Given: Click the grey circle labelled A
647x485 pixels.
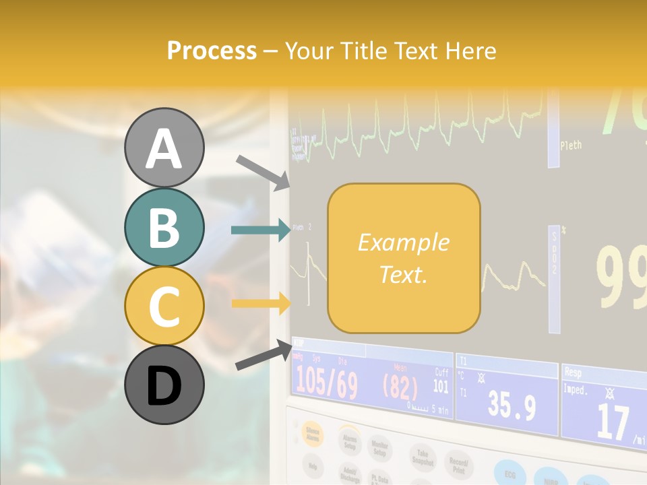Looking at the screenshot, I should pyautogui.click(x=164, y=148).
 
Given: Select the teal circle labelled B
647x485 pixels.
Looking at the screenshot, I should pyautogui.click(x=164, y=228).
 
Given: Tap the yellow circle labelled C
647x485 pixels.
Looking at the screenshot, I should pyautogui.click(x=164, y=306).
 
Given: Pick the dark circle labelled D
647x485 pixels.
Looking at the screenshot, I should pyautogui.click(x=164, y=385).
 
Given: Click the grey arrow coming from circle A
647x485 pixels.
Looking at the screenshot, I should pyautogui.click(x=263, y=171).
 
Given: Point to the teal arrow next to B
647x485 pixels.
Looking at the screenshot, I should pyautogui.click(x=260, y=230).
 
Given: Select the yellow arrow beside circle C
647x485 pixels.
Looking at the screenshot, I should pyautogui.click(x=260, y=304).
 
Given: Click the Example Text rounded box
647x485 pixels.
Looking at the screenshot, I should pyautogui.click(x=404, y=258).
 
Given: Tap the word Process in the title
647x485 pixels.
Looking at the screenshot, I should pyautogui.click(x=212, y=51).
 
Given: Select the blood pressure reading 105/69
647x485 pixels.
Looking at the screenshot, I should pyautogui.click(x=327, y=383).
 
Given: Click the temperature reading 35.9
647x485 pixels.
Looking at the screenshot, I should pyautogui.click(x=512, y=406).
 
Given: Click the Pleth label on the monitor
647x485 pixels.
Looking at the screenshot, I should pyautogui.click(x=571, y=145).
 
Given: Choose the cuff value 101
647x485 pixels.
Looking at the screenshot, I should pyautogui.click(x=440, y=386).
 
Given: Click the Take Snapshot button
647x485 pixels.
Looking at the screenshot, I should pyautogui.click(x=422, y=458).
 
